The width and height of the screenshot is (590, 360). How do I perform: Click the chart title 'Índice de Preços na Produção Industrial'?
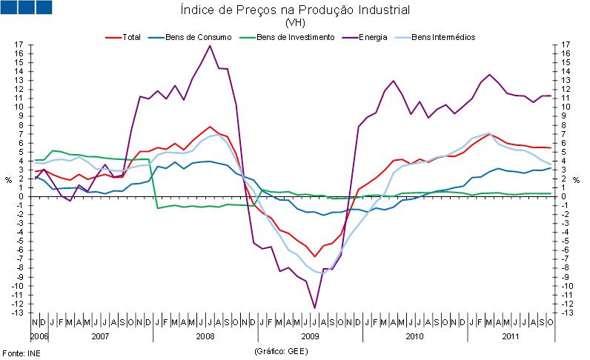295,10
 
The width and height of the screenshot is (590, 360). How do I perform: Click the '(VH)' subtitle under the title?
295,22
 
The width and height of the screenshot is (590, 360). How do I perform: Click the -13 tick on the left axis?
18,313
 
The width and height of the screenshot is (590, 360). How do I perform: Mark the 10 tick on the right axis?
566,107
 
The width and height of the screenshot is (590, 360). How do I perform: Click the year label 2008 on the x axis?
205,336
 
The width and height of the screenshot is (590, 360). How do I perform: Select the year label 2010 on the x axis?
415,336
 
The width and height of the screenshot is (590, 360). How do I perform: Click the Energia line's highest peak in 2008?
210,46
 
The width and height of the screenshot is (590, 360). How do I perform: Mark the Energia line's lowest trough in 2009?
315,307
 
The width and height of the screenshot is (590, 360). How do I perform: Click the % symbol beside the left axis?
8,179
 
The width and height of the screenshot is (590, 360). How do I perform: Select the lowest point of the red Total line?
315,256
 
